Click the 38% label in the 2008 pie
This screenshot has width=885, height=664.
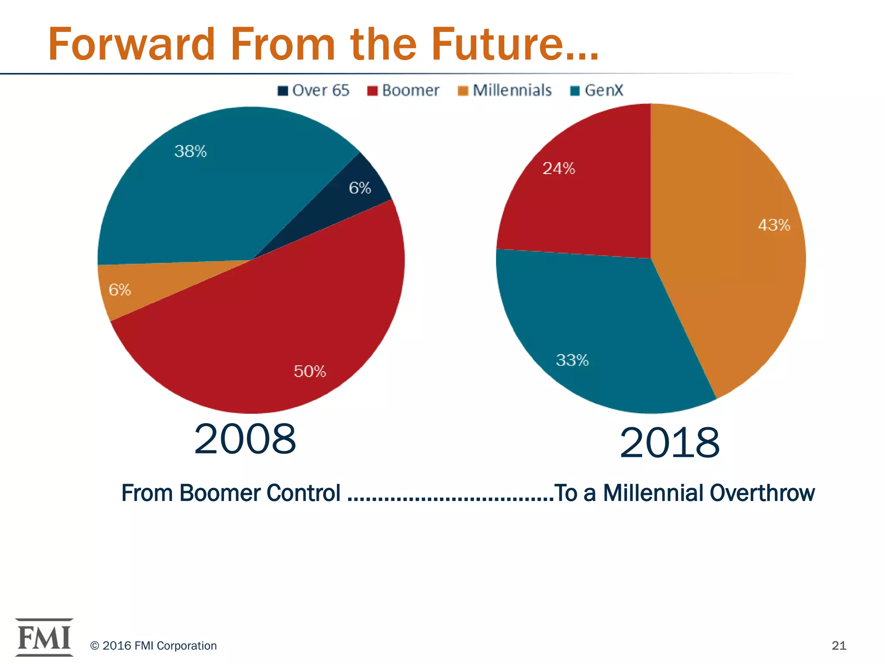coord(191,151)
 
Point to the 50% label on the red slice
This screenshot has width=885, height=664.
coord(310,371)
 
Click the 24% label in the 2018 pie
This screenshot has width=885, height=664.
coord(559,168)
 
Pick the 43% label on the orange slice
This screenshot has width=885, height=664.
coord(774,225)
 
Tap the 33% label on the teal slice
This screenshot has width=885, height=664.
coord(572,360)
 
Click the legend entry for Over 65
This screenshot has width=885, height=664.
coord(314,90)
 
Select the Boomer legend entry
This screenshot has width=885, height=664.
coord(403,90)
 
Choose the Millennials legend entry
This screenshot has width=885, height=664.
coord(505,90)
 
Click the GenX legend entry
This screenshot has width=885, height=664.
coord(597,90)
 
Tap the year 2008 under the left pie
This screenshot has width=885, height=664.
coord(245,439)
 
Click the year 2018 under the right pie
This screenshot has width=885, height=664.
coord(669,443)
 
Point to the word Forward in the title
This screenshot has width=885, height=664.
coord(131,45)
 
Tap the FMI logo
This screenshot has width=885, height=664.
coord(44,637)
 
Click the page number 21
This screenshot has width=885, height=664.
coord(839,645)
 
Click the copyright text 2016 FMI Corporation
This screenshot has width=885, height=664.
coord(153,645)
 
